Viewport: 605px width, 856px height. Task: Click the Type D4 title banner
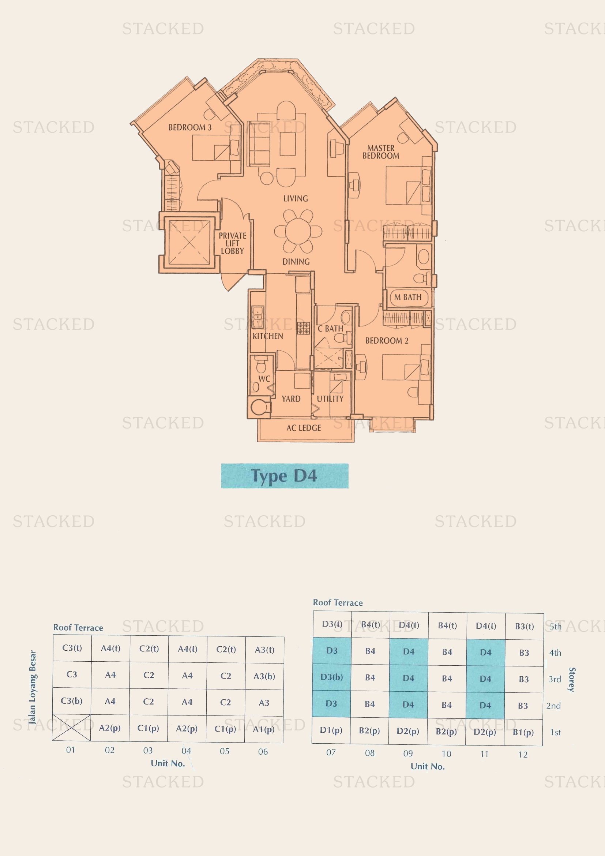click(x=285, y=476)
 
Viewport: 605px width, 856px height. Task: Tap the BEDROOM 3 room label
click(x=190, y=127)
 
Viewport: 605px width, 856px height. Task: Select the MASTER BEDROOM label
click(x=381, y=152)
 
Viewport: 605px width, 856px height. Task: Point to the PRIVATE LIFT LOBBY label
click(x=233, y=243)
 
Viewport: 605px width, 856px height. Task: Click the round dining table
click(x=298, y=231)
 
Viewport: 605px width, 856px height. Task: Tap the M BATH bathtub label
click(x=408, y=297)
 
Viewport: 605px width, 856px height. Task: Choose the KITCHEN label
click(x=268, y=336)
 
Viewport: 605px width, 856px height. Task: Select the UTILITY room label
click(x=330, y=399)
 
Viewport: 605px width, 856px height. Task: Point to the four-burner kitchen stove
click(x=303, y=328)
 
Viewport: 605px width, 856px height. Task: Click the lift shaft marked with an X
click(x=189, y=242)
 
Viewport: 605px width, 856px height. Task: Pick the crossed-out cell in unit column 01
click(x=71, y=728)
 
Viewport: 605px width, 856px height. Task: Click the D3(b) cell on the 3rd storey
click(x=331, y=677)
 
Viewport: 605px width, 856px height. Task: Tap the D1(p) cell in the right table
click(x=331, y=730)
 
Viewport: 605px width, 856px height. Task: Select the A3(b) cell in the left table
click(x=264, y=676)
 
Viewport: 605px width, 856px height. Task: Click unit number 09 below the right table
click(x=408, y=754)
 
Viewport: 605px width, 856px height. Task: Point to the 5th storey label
click(x=556, y=627)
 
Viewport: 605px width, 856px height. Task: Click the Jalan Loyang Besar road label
click(x=33, y=687)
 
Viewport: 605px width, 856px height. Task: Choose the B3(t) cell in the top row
click(x=525, y=626)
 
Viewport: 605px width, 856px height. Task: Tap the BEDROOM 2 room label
click(x=387, y=341)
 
